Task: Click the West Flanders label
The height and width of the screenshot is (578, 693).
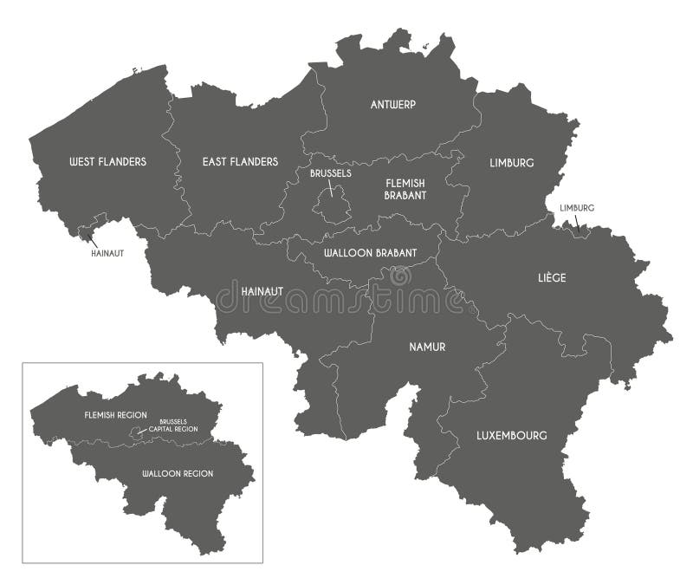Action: pos(107,162)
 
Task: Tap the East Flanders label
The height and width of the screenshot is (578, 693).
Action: pos(240,162)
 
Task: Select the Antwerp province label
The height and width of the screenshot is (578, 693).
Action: pos(393,105)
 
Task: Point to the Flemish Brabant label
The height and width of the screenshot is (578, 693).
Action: pos(405,189)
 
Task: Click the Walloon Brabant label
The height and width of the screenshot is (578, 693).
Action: pos(370,254)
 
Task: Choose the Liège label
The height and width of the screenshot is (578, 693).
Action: pos(552,278)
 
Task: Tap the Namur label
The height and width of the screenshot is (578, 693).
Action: pos(427,347)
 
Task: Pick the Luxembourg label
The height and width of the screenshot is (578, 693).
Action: pos(512,436)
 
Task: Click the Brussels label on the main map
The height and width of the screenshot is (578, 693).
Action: pos(330,173)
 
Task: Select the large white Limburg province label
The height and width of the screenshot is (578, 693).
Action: pos(511,163)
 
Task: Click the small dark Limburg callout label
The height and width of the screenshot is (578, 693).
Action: pos(578,208)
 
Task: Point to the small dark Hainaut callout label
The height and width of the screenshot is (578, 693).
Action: pos(107,254)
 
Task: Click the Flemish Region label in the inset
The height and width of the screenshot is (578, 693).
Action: pos(117,415)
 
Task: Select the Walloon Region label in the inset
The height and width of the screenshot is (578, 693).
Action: pos(179,474)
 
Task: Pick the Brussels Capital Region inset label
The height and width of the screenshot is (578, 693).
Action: pos(173,425)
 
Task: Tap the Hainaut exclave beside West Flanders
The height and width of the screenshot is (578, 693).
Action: pos(85,231)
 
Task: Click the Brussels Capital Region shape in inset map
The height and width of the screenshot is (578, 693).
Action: pos(133,431)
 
